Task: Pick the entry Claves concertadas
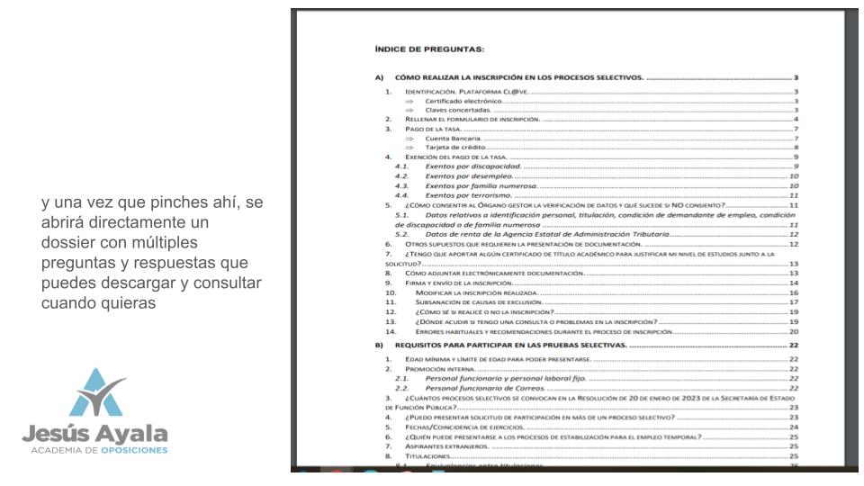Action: [458, 110]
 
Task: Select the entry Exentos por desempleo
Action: [470, 177]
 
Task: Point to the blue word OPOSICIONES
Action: [134, 449]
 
